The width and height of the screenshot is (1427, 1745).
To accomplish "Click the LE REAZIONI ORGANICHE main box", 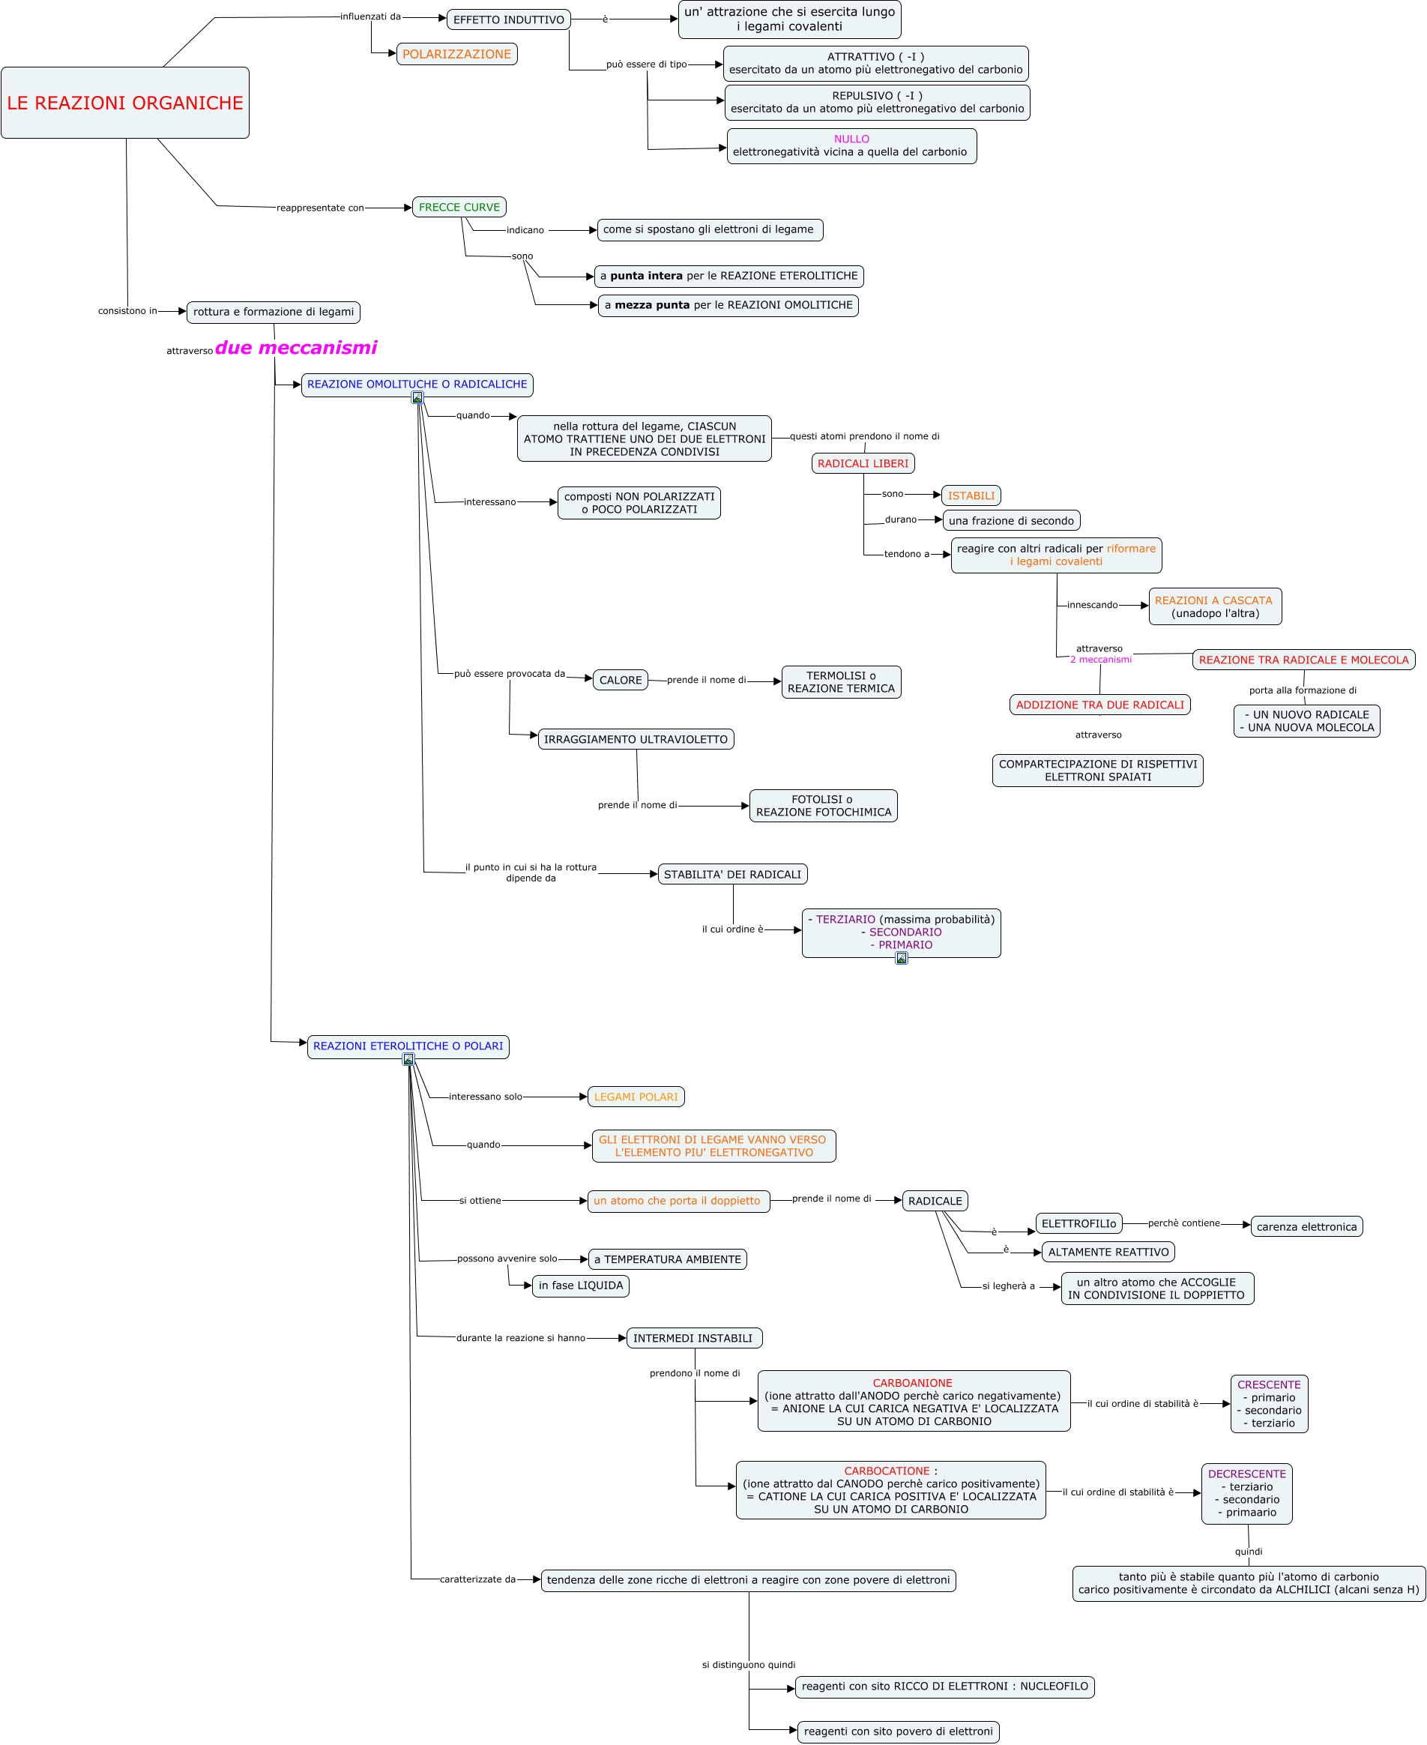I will (125, 103).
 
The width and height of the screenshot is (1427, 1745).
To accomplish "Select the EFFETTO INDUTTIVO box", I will (508, 19).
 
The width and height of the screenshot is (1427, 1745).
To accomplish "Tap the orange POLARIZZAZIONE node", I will (456, 54).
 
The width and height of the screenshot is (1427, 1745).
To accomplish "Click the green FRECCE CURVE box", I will (459, 207).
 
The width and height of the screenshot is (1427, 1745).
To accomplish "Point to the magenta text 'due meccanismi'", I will (296, 348).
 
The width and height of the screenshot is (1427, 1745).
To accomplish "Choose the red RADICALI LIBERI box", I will (863, 463).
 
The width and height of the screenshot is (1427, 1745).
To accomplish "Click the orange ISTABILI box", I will (971, 495).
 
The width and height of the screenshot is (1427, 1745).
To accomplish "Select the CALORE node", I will (620, 680).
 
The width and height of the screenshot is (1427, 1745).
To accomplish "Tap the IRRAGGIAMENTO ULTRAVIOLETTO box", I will (636, 739).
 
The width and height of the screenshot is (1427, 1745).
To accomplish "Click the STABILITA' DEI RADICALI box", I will (732, 874).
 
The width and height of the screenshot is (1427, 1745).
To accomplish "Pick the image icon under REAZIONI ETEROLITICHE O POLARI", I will (408, 1058).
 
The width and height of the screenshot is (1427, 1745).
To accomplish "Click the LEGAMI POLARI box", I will (636, 1097).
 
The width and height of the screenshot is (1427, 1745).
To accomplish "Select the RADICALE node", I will (935, 1201).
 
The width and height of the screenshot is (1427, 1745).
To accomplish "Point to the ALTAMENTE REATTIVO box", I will (1108, 1252).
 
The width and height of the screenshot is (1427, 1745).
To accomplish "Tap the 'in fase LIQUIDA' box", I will (580, 1286).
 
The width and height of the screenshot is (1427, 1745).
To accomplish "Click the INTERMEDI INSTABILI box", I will (693, 1338).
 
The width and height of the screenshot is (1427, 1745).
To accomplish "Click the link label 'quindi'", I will (1248, 1552).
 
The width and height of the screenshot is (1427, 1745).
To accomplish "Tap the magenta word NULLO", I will (851, 139).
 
